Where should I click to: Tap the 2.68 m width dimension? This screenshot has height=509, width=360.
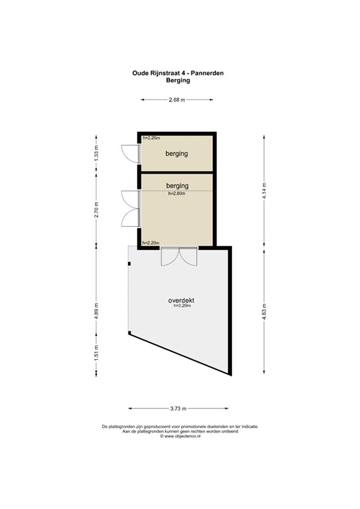tap(177, 99)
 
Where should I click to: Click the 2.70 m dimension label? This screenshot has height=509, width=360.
tap(96, 209)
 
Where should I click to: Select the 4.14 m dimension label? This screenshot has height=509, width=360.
tap(264, 190)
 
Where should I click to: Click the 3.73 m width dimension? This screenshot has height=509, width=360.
tap(177, 408)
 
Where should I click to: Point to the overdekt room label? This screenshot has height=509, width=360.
tap(181, 300)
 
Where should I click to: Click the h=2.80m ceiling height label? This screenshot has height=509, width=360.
tap(178, 194)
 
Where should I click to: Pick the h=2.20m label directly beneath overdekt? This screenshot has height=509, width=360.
tap(182, 307)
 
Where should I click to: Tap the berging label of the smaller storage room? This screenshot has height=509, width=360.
tap(177, 154)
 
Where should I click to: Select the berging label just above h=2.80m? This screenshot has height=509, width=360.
tap(177, 186)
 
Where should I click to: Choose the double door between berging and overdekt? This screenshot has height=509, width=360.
tap(178, 256)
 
